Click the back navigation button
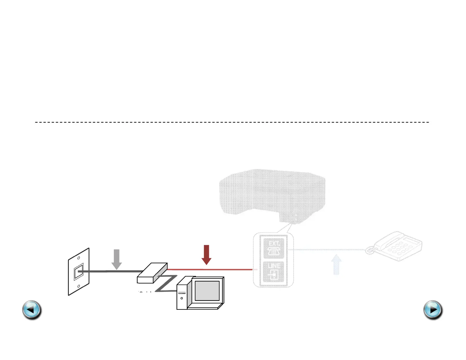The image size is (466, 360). tap(32, 310)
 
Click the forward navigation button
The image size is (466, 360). tap(433, 310)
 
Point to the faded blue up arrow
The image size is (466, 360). tap(336, 265)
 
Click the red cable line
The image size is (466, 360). tap(209, 269)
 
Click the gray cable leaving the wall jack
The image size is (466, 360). tap(112, 271)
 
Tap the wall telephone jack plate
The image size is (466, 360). tap(79, 271)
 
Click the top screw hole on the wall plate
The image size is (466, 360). tap(79, 258)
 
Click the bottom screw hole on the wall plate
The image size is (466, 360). tap(79, 286)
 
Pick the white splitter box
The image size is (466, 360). tap(152, 273)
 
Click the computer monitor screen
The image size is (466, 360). tap(207, 291)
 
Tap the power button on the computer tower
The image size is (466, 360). tap(182, 298)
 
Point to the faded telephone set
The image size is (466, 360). tap(396, 246)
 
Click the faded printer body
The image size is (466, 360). tap(272, 193)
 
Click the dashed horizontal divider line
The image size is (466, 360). tap(232, 122)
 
